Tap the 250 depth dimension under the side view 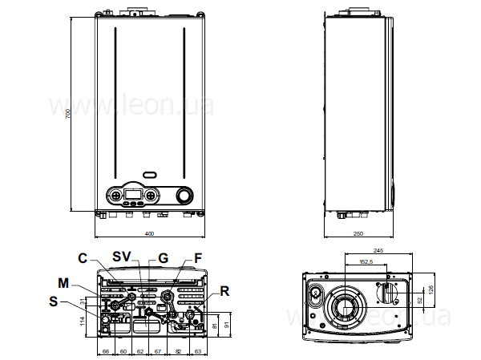pos(358,233)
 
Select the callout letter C pos(82,257)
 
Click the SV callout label pos(121,257)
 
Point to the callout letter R pos(225,292)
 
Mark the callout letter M pos(64,282)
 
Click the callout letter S pos(54,301)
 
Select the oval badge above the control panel pos(150,173)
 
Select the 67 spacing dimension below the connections pos(157,351)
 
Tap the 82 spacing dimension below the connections pos(178,351)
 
